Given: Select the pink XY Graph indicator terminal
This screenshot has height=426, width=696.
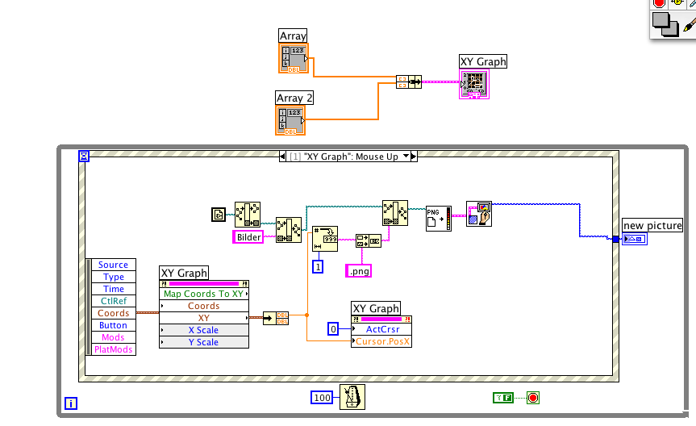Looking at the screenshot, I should tap(474, 84).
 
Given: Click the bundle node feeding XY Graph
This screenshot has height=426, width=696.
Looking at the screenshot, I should tap(409, 81).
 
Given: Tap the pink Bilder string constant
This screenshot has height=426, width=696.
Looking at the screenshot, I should tap(248, 236).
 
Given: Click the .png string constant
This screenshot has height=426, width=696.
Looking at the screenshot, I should tap(358, 271).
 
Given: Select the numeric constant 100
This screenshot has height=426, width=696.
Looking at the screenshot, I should tap(323, 397).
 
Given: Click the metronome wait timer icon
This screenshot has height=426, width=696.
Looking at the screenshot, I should tap(352, 397).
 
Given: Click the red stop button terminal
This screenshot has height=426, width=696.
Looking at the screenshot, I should tap(532, 397).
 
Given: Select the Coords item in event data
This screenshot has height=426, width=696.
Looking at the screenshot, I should tap(113, 313).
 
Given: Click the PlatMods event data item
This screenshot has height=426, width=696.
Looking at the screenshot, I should tap(113, 349).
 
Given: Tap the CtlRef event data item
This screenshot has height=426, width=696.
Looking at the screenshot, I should tap(113, 301).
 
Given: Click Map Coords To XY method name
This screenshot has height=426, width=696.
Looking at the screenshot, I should tap(203, 294).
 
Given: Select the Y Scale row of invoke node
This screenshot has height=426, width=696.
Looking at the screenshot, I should tap(203, 342).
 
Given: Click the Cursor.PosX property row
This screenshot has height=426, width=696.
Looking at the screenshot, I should tap(382, 341).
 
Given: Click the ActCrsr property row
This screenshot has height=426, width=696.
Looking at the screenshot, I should tap(382, 329).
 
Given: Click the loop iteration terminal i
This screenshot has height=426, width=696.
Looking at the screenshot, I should tap(70, 403).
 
